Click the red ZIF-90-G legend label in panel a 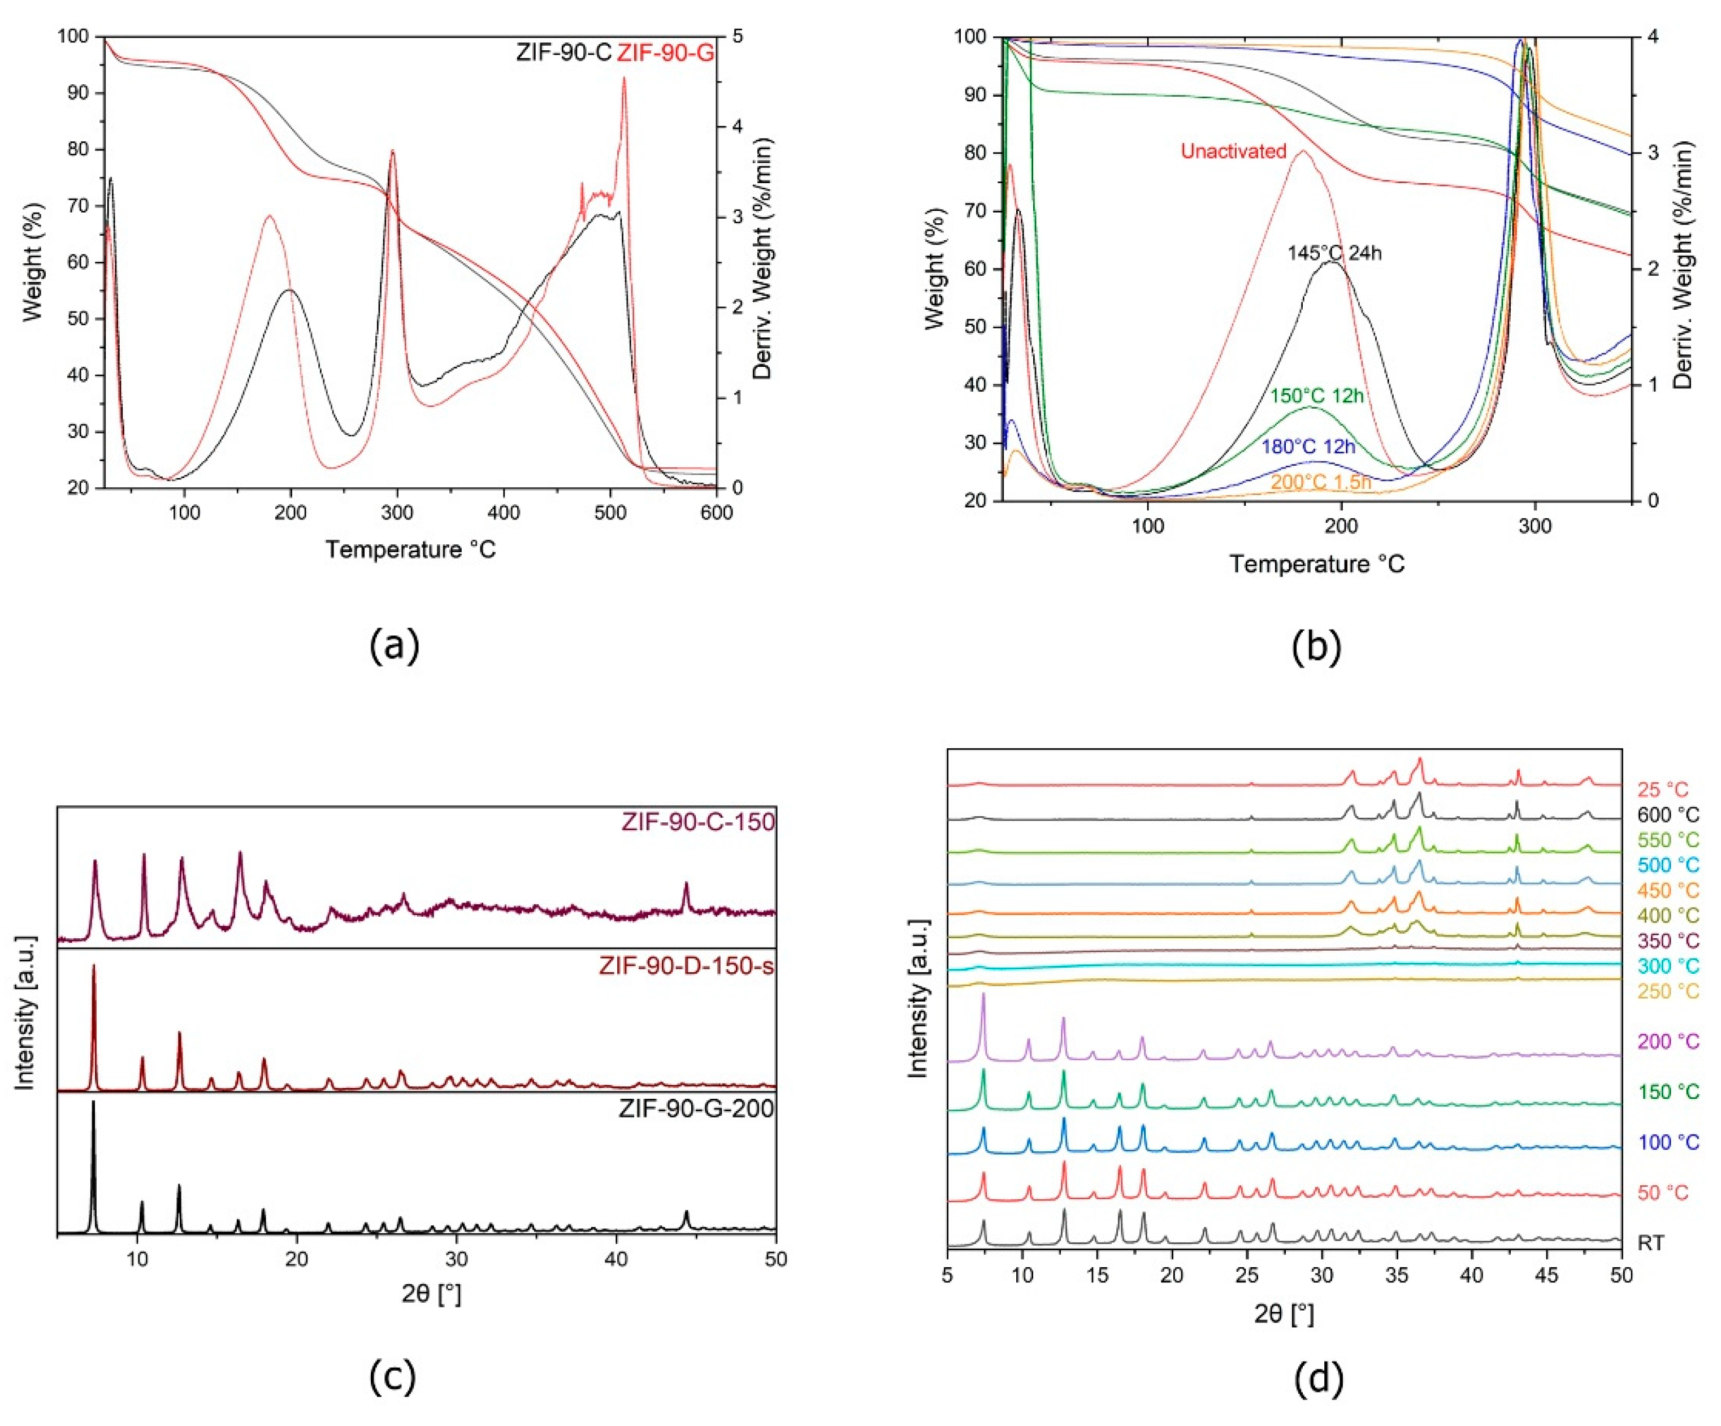[665, 53]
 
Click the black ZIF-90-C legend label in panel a [564, 53]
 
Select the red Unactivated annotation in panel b [1233, 151]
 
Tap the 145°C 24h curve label [1334, 253]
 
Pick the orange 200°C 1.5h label [1320, 483]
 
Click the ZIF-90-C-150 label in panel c [698, 822]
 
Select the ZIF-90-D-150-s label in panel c [687, 966]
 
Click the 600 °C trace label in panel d [1668, 814]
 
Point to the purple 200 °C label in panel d [1668, 1042]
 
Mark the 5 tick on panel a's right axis [738, 37]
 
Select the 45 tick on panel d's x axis [1546, 1276]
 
